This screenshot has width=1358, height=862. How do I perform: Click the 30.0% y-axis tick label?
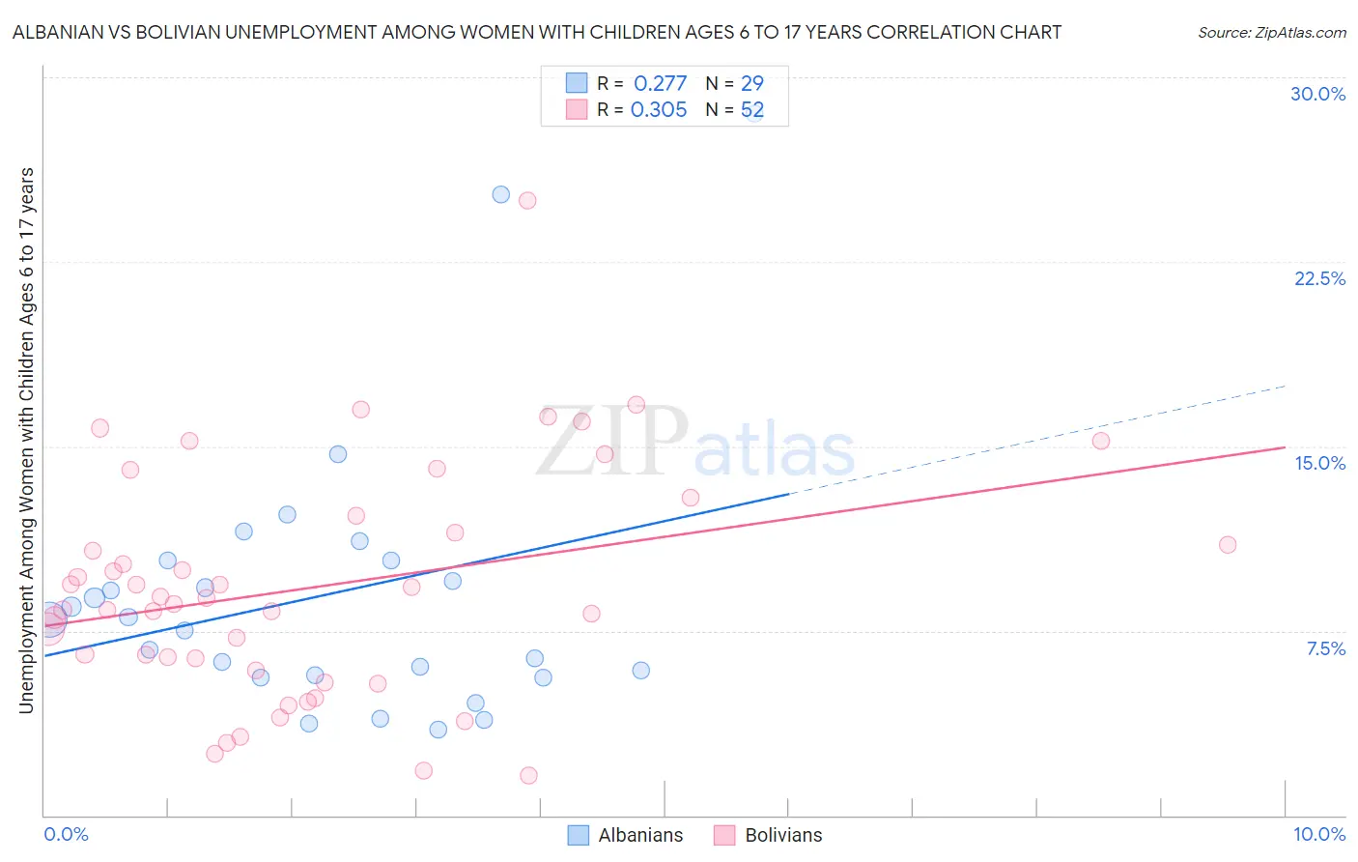click(x=1317, y=94)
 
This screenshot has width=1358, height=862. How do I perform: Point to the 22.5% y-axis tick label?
click(x=1319, y=278)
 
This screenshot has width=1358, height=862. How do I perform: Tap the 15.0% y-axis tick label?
click(x=1319, y=463)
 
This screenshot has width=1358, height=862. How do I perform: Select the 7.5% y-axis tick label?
click(x=1325, y=648)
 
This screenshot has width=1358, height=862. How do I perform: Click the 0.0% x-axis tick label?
click(x=66, y=834)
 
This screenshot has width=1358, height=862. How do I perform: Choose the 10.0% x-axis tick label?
click(x=1318, y=834)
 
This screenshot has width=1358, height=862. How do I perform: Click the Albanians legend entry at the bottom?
click(x=639, y=835)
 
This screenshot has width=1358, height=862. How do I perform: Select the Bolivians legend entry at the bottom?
click(x=782, y=835)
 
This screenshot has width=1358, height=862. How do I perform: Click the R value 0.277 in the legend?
click(x=660, y=84)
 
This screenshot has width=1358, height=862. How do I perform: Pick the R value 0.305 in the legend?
click(x=659, y=110)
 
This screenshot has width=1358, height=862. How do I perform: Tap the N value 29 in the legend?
click(x=751, y=84)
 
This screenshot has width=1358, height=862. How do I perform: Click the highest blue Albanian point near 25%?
click(x=500, y=194)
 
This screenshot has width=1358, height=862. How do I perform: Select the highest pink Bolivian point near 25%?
click(x=527, y=201)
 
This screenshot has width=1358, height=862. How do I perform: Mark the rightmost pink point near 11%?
click(x=1228, y=545)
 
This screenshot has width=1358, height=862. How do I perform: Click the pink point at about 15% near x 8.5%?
click(x=1101, y=441)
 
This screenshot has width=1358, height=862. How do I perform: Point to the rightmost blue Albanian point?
click(x=640, y=671)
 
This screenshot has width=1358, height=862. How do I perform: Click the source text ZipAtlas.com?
click(x=1271, y=33)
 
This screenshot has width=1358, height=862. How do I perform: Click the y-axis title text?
click(x=26, y=441)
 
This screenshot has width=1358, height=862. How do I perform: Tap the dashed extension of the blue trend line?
click(x=1043, y=436)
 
